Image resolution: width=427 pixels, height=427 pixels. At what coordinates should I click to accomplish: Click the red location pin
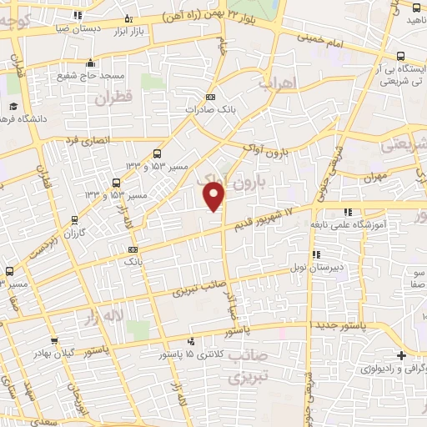point(214,196)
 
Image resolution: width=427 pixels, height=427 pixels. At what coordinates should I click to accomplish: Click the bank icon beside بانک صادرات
point(209,98)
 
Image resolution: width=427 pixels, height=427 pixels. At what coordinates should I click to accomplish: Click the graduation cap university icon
point(14,107)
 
